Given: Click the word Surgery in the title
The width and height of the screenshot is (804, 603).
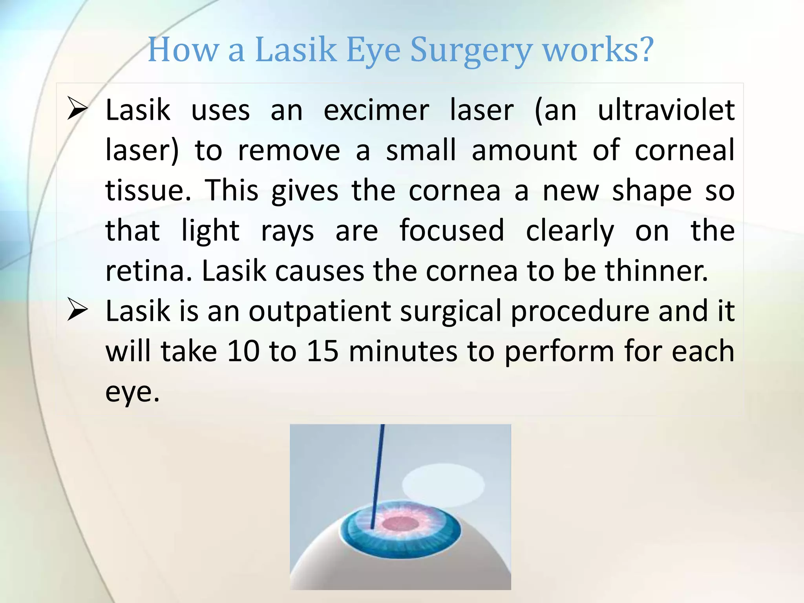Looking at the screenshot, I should tap(471, 50).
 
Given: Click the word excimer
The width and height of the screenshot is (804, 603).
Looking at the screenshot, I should tap(376, 110).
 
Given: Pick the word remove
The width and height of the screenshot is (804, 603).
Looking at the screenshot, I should tap(289, 150).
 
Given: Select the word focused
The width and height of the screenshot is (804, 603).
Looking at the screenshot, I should tap(451, 230).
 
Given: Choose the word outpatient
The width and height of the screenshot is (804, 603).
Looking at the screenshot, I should tap(320, 311).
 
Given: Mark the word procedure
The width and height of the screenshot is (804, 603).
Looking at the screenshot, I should tap(580, 311).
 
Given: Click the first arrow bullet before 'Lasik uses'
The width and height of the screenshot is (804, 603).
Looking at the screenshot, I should tap(77, 109).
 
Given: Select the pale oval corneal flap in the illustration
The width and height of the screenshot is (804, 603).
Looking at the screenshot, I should tap(443, 485).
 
